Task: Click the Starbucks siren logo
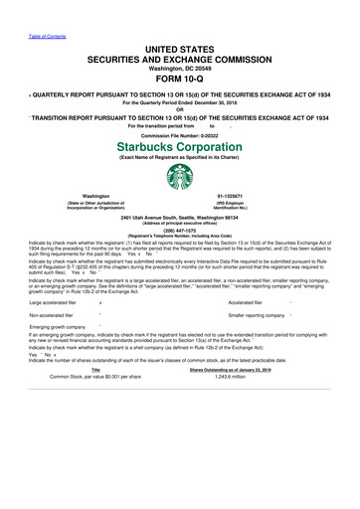[179, 192]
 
